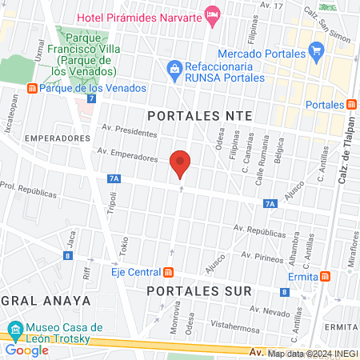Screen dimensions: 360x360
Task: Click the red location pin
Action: pos(181,163)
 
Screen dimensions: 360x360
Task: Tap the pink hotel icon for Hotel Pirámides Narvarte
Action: pos(212,14)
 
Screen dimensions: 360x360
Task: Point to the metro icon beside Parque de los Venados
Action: pos(32,88)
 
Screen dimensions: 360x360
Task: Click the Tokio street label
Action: pos(124,244)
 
